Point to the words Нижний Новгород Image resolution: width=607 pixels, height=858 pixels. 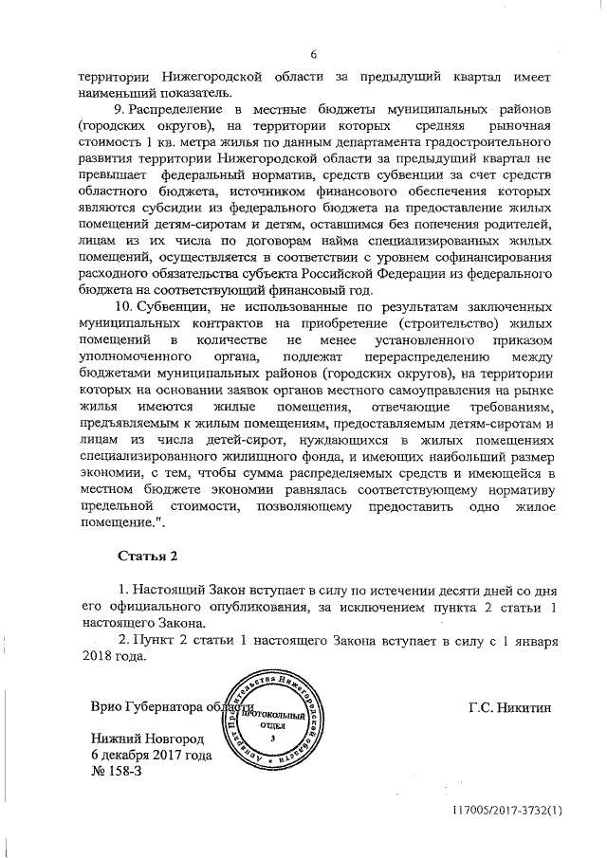(x=144, y=739)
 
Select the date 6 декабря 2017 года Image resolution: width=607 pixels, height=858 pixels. (x=151, y=756)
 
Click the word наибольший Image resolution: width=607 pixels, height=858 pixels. (x=461, y=454)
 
